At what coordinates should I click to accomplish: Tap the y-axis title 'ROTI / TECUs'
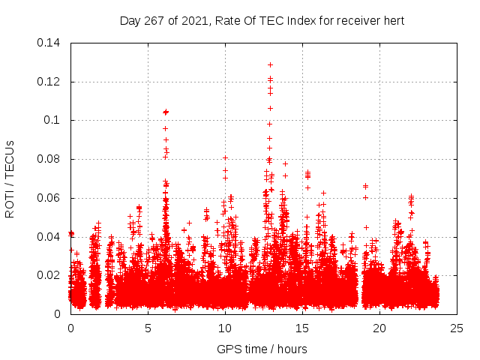click(x=10, y=178)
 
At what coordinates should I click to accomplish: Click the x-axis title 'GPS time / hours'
click(x=262, y=349)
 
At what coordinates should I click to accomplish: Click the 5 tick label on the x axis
click(x=148, y=328)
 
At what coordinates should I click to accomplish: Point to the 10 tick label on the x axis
click(x=225, y=328)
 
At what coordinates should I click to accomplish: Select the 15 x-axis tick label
click(x=302, y=328)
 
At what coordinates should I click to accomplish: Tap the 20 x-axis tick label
click(x=379, y=328)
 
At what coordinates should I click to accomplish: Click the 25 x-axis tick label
click(x=457, y=328)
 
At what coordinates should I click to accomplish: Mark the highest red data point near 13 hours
click(x=270, y=64)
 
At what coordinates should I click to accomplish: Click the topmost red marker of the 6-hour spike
click(x=166, y=112)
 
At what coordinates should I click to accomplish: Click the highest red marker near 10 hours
click(x=225, y=157)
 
